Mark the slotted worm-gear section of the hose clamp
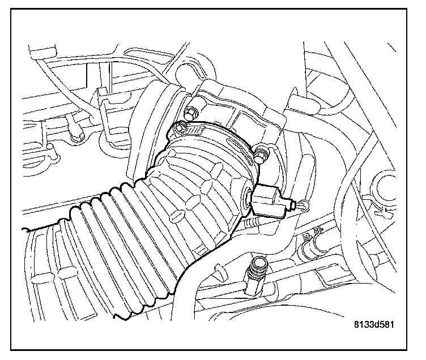195,131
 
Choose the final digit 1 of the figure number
391,325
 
